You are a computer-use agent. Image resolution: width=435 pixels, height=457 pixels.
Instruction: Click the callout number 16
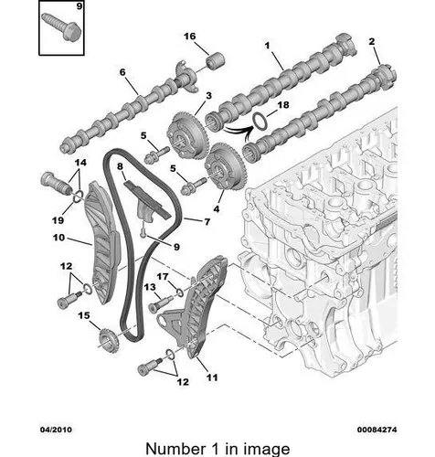tap(189, 37)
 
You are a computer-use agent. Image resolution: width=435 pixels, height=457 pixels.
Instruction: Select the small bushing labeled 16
tap(215, 61)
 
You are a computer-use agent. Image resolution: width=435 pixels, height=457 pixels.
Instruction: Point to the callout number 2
tap(371, 41)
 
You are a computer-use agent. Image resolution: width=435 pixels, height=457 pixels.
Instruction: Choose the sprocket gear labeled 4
tap(225, 168)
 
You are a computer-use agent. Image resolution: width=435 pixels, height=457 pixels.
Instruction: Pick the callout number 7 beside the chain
tap(207, 221)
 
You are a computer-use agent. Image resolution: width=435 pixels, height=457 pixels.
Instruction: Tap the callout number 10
tap(58, 238)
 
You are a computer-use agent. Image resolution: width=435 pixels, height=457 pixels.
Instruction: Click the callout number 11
tap(212, 377)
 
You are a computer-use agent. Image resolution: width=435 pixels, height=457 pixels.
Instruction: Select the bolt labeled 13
tap(160, 304)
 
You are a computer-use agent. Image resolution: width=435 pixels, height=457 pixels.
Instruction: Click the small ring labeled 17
tap(179, 292)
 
